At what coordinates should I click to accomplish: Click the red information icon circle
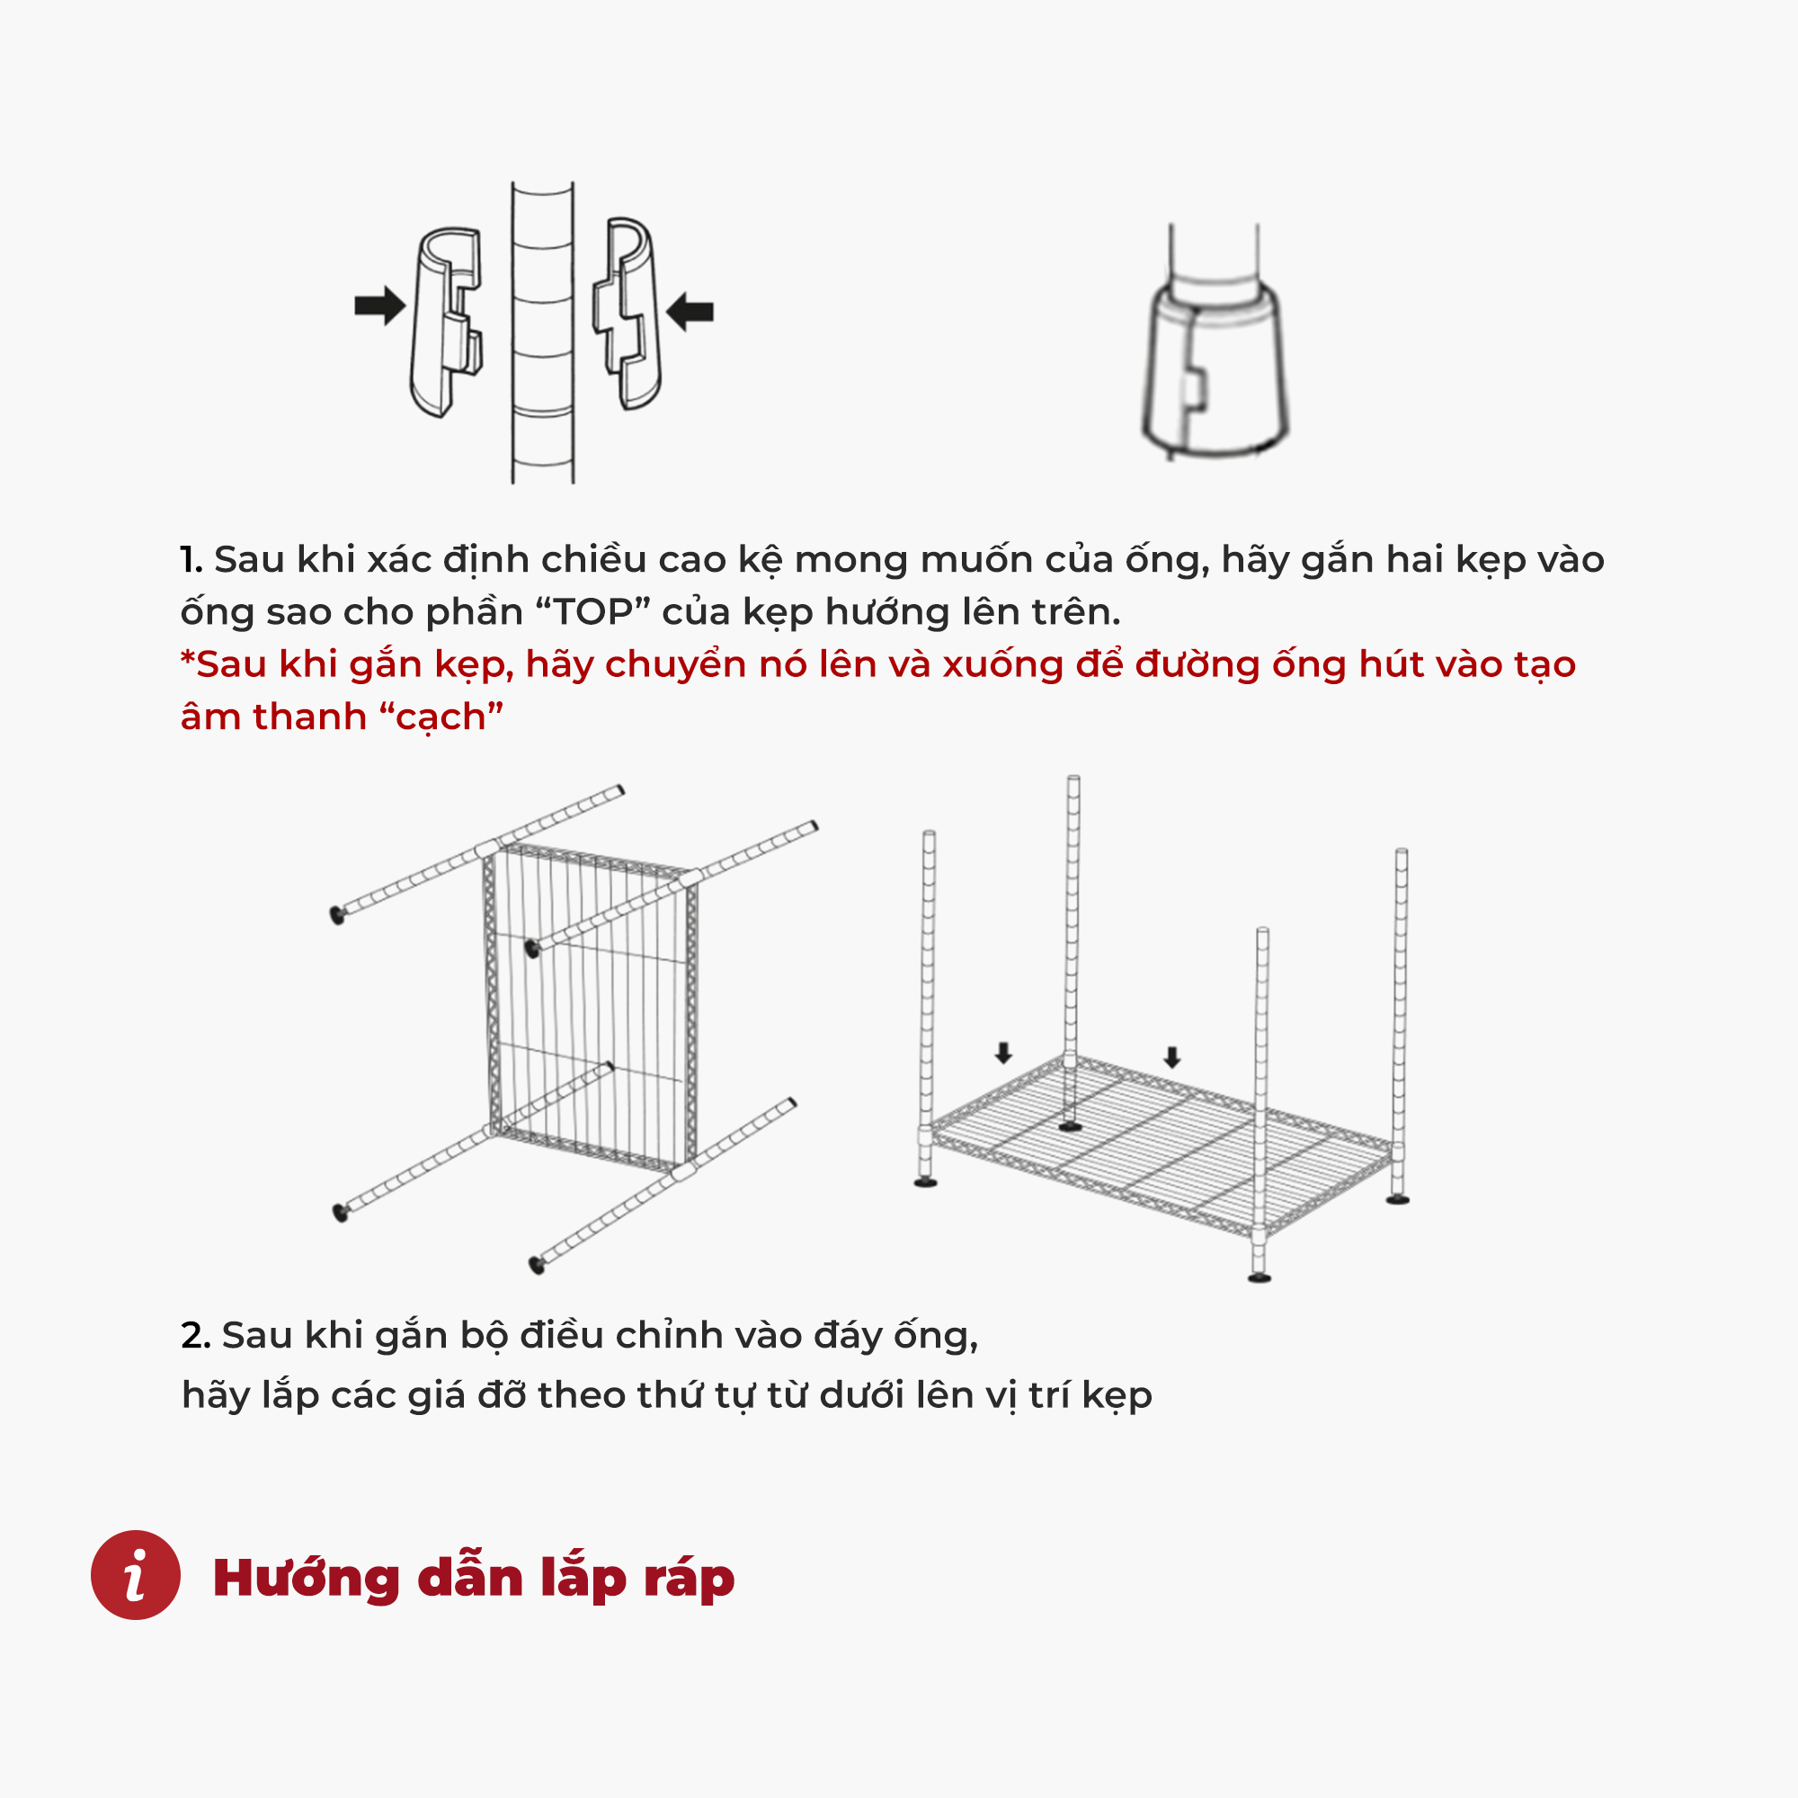[x=135, y=1575]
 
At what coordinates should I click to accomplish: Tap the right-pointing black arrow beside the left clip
[x=379, y=306]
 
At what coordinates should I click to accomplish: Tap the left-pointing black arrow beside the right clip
[x=690, y=311]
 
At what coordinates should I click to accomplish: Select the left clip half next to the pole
[x=447, y=322]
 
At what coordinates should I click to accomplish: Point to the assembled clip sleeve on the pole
[x=1215, y=372]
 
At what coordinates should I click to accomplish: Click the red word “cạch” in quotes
[x=441, y=717]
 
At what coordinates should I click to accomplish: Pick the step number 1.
[x=191, y=559]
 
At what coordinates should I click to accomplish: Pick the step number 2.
[x=195, y=1336]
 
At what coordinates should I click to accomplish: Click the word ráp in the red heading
[x=688, y=1580]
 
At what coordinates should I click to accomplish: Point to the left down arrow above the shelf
[x=1002, y=1053]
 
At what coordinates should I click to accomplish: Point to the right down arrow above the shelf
[x=1172, y=1056]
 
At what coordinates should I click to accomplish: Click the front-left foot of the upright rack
[x=925, y=1183]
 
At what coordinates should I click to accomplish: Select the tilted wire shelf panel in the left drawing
[x=591, y=1004]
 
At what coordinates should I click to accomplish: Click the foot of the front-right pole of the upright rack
[x=1259, y=1277]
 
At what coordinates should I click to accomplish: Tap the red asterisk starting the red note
[x=187, y=657]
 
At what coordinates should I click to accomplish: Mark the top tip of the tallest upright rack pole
[x=1073, y=778]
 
